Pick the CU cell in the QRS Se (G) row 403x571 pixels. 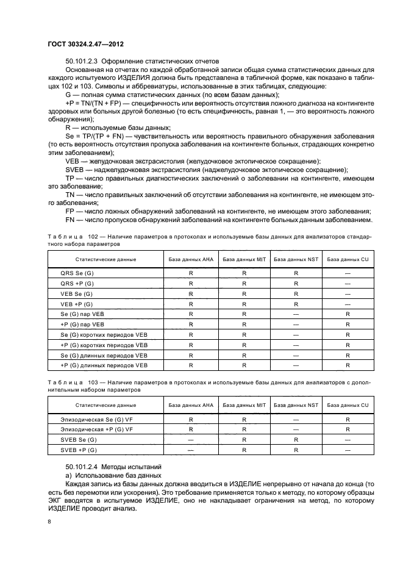point(347,274)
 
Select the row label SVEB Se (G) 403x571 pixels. point(79,439)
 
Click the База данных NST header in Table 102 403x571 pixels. point(296,259)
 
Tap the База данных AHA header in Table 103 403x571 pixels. point(191,404)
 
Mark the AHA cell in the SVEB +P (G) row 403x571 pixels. point(191,450)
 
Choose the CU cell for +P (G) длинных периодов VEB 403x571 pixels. point(347,365)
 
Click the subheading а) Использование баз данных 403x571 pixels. point(113,475)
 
